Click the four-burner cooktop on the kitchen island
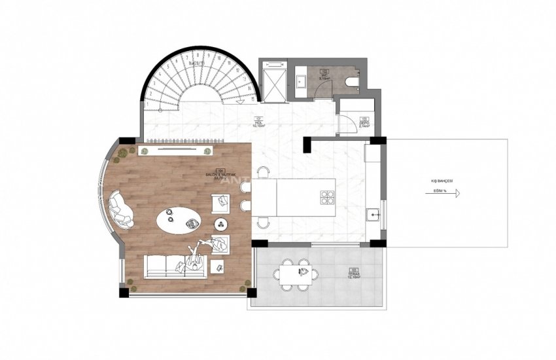click(x=327, y=198)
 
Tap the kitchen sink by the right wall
click(x=374, y=213)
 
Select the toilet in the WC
click(x=353, y=82)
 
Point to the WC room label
click(x=323, y=75)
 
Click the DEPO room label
click(x=364, y=122)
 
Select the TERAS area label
click(x=354, y=274)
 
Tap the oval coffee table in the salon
click(x=179, y=220)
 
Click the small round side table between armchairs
click(x=220, y=225)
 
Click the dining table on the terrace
click(x=296, y=274)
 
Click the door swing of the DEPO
click(x=342, y=122)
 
